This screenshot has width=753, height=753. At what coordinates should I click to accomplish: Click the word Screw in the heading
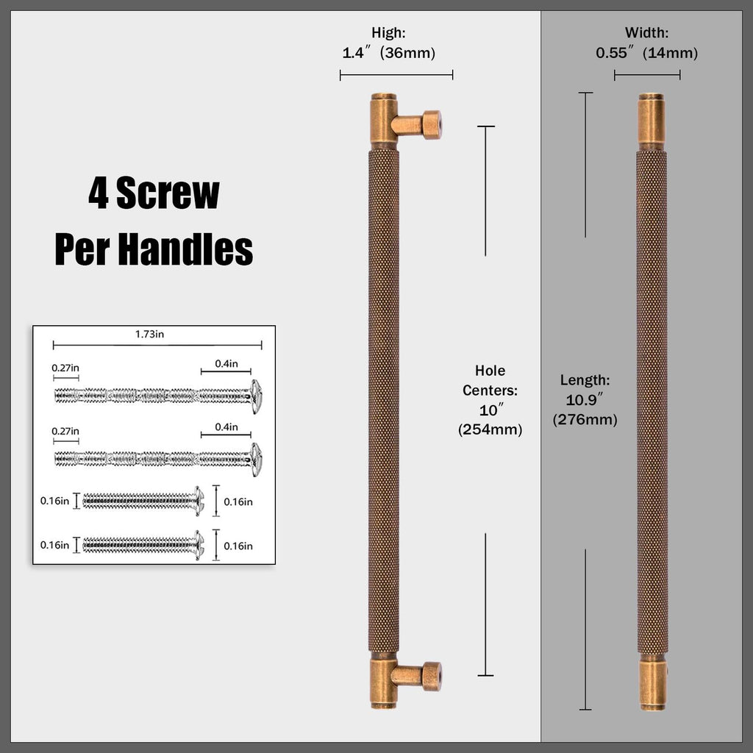pos(168,193)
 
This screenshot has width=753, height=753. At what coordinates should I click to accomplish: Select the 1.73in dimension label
pos(149,335)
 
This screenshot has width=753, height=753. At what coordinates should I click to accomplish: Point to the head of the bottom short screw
pos(199,545)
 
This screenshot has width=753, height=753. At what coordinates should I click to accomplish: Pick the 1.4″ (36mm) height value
pos(388,52)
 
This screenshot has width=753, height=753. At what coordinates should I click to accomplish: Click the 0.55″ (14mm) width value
pos(647,52)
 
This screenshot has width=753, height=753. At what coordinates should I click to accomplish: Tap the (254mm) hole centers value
pos(490,429)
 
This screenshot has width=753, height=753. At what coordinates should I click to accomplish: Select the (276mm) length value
pos(585,420)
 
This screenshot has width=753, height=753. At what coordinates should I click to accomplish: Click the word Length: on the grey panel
pos(585,380)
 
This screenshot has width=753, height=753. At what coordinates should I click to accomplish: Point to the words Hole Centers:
pos(490,380)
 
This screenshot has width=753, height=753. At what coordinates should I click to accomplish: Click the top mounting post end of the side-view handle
pos(432,125)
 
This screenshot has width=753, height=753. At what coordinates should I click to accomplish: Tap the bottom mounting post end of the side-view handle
pos(432,677)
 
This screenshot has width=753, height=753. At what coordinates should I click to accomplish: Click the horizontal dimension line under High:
pos(396,75)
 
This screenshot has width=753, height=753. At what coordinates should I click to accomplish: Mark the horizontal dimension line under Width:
pos(647,75)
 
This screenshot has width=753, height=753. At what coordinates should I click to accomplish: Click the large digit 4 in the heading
pos(99,193)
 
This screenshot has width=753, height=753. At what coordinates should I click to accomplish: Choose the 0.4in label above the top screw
pos(226,363)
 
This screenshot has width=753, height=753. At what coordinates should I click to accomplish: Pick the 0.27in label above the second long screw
pos(65,431)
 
